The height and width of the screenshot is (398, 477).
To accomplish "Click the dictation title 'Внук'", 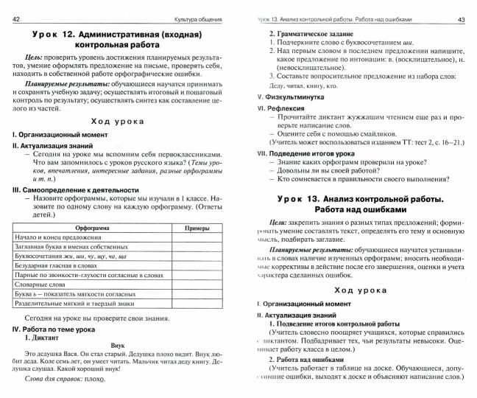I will click(x=118, y=344).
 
